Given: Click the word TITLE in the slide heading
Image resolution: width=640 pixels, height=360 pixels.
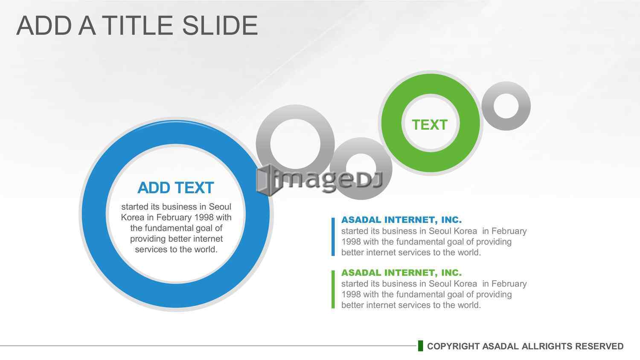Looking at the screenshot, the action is pyautogui.click(x=137, y=26).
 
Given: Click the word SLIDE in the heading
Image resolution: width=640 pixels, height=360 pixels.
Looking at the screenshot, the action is pyautogui.click(x=220, y=26).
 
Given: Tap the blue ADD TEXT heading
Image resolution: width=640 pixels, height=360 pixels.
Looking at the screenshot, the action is pyautogui.click(x=176, y=188).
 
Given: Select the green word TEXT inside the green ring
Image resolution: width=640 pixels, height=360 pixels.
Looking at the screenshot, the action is pyautogui.click(x=430, y=125).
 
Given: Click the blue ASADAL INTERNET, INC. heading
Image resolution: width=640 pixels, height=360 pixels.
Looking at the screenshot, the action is pyautogui.click(x=401, y=220).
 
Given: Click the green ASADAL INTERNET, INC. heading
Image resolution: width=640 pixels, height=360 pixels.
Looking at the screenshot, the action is pyautogui.click(x=401, y=273).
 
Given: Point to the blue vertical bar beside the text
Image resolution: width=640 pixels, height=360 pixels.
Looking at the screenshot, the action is pyautogui.click(x=333, y=237).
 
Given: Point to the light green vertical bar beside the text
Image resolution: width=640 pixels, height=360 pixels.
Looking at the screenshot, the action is pyautogui.click(x=333, y=290).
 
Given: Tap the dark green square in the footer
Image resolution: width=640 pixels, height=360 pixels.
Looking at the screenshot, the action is pyautogui.click(x=420, y=346).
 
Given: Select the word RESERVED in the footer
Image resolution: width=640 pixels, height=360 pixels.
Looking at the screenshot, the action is pyautogui.click(x=599, y=346).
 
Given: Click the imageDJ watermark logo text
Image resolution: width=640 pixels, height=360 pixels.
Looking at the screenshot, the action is pyautogui.click(x=320, y=180).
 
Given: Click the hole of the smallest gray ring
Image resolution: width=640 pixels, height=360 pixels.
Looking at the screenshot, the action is pyautogui.click(x=506, y=106).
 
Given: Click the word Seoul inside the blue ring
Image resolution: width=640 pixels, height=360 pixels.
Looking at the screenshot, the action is pyautogui.click(x=220, y=206).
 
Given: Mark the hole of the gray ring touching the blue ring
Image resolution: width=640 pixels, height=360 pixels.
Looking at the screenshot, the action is pyautogui.click(x=295, y=144).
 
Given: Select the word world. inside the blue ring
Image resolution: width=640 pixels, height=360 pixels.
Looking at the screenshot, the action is pyautogui.click(x=206, y=250).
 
